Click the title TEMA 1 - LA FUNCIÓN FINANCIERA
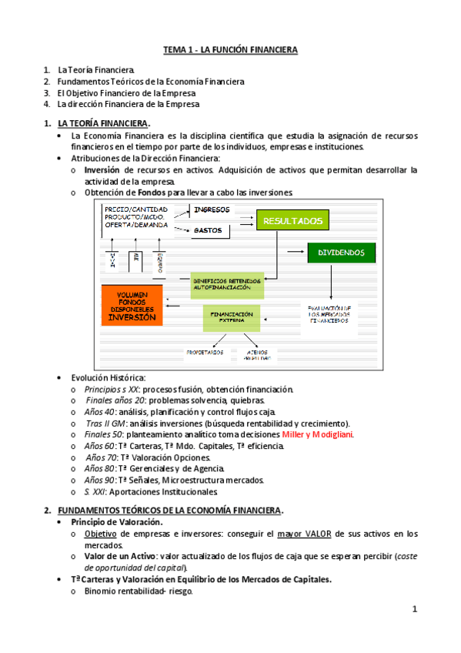pos(230,50)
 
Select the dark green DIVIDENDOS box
pos(341,252)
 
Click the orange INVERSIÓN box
pos(132,306)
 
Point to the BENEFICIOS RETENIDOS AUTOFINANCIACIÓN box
pos(228,284)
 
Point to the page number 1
pos(414,610)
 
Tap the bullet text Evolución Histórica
pos(108,377)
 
